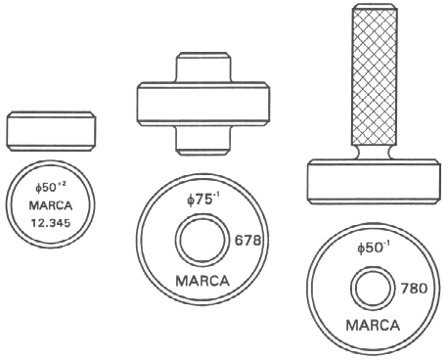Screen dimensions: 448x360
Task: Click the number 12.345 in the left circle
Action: click(x=51, y=223)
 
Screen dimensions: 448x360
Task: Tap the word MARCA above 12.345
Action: click(x=51, y=205)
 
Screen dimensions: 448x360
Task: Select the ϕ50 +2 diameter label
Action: click(x=51, y=187)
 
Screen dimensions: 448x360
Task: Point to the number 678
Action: click(x=247, y=241)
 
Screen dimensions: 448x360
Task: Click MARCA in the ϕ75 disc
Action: click(x=202, y=281)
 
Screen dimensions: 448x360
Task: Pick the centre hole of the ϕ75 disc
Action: click(x=201, y=240)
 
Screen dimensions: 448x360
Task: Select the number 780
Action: click(x=414, y=289)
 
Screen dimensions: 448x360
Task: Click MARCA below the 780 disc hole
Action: click(x=373, y=326)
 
